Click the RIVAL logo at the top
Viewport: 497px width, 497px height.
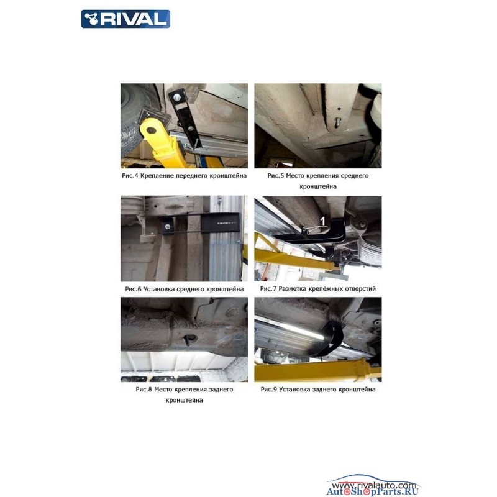coord(125,19)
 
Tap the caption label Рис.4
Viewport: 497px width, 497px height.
coord(130,176)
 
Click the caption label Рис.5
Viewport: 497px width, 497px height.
coord(276,176)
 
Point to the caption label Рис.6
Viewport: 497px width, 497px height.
coord(133,289)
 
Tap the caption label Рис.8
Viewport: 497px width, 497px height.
coord(144,390)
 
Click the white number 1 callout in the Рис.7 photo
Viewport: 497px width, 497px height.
coord(322,221)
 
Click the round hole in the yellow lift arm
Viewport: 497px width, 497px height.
coord(151,130)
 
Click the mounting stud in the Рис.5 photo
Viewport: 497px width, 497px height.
coord(337,121)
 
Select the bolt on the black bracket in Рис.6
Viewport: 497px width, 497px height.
coord(168,227)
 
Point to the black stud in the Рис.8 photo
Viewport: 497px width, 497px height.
coord(186,340)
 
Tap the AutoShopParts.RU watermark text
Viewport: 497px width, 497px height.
coord(372,491)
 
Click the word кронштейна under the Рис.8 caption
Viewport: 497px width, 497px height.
coord(184,400)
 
